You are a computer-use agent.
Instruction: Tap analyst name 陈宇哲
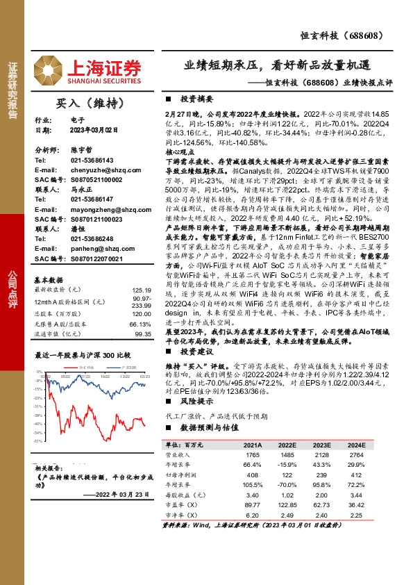point(81,149)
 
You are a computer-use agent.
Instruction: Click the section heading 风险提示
point(201,402)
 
